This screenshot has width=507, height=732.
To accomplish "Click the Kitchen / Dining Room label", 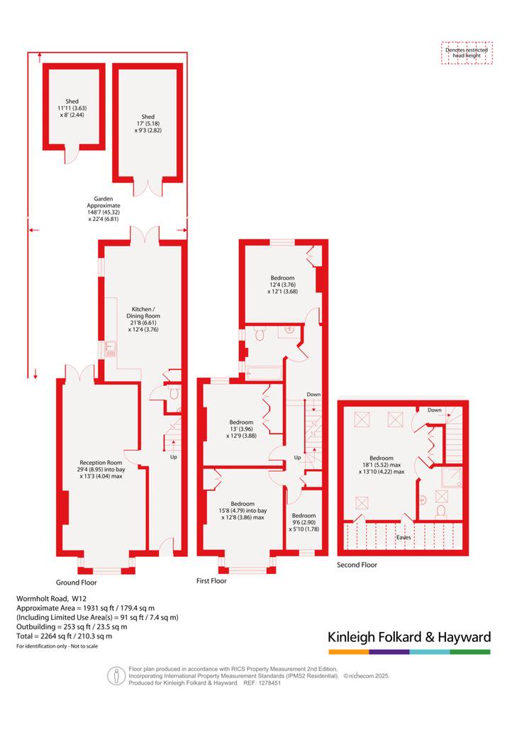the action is pyautogui.click(x=143, y=319).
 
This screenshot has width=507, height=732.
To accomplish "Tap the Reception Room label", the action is pyautogui.click(x=101, y=469).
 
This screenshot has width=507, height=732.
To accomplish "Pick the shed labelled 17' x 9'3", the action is pyautogui.click(x=148, y=123).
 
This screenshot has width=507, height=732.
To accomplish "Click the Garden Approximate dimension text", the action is pyautogui.click(x=104, y=208).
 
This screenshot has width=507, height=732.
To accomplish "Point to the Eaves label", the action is pyautogui.click(x=403, y=537).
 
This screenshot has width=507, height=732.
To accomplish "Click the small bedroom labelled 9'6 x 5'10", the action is pyautogui.click(x=303, y=522).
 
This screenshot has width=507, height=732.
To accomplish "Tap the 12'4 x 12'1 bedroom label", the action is pyautogui.click(x=282, y=284).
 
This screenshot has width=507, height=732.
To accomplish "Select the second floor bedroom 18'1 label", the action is pyautogui.click(x=381, y=465).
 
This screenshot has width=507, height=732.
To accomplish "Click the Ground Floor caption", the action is pyautogui.click(x=76, y=582).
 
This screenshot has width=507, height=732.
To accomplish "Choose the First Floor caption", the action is pyautogui.click(x=211, y=581).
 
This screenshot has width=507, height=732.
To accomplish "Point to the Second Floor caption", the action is pyautogui.click(x=357, y=565).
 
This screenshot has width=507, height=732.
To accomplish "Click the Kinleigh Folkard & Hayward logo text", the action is pyautogui.click(x=409, y=637).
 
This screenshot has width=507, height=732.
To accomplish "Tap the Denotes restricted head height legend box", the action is pyautogui.click(x=467, y=52).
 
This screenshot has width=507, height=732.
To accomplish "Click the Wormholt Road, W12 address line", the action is pyautogui.click(x=51, y=598).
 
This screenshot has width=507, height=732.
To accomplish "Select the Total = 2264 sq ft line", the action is pyautogui.click(x=64, y=636).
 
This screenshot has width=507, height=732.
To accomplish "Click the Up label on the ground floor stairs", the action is pyautogui.click(x=173, y=457).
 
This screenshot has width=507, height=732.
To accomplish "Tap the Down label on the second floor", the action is pyautogui.click(x=435, y=410).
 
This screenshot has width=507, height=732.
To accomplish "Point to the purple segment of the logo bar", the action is pyautogui.click(x=389, y=652).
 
